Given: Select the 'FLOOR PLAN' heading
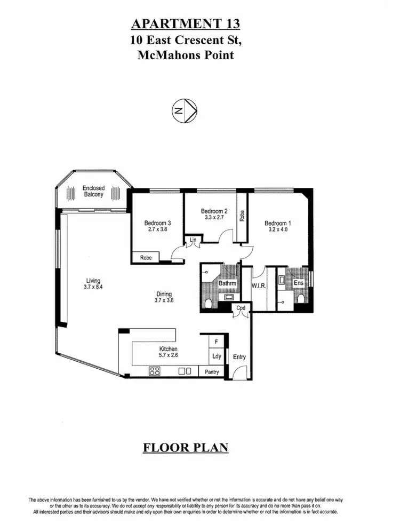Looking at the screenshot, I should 185,447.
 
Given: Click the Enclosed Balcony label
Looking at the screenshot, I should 93,192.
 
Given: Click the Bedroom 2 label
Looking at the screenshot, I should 214,210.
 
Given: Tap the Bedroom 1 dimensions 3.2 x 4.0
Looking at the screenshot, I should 277,230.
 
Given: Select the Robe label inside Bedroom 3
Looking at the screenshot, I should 146,258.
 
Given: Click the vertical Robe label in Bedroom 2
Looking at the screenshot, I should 242,215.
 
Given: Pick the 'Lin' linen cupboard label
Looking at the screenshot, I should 193,241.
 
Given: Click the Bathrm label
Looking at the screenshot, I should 228,284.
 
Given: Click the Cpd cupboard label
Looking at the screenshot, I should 241,308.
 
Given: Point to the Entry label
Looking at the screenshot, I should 239,356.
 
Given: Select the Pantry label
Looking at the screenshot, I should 212,372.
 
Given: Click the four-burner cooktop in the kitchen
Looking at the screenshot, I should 155,371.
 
